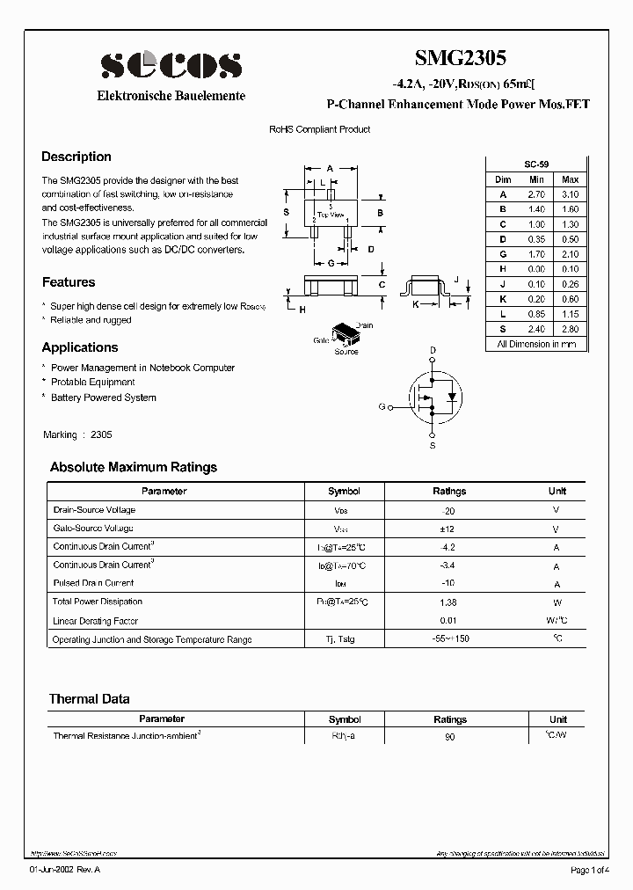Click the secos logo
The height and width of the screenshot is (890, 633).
coord(171,65)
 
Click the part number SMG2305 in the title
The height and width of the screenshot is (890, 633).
coord(460,58)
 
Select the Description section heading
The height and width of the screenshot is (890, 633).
coord(76,157)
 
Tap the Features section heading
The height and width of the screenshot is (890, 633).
coord(69,282)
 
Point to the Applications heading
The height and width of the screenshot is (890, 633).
coord(80,347)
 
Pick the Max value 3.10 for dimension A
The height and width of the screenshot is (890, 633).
coord(570,194)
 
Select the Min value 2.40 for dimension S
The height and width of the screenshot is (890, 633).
coord(535,329)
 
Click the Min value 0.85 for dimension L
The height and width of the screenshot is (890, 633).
coord(535,314)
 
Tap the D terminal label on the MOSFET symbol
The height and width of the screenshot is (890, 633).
coord(433,351)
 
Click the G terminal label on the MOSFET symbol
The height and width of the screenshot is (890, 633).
coord(382,406)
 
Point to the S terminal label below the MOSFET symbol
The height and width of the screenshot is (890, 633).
coord(433,446)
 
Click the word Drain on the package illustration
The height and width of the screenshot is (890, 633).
coord(364,325)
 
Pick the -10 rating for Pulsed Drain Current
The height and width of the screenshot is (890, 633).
coord(449,583)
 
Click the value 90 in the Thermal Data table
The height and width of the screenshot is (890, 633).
coord(449,736)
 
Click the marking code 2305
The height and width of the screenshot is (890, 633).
coord(101,434)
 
